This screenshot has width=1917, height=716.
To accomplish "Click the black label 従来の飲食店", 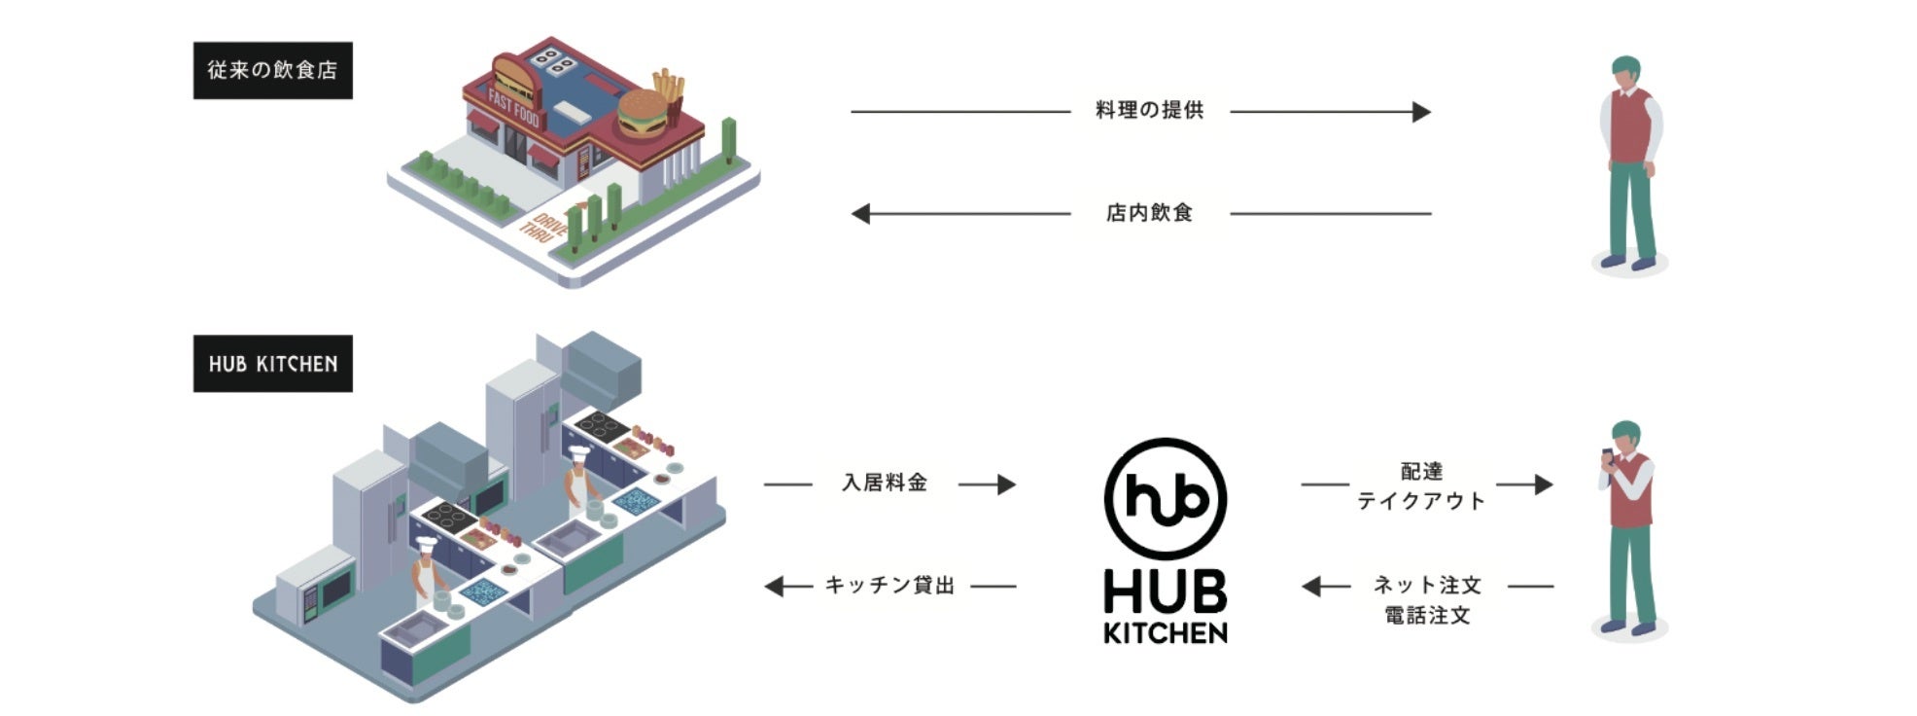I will [272, 70].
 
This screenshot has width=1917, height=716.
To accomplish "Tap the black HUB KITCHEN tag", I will [272, 364].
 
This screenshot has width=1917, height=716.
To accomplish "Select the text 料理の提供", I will [1149, 111].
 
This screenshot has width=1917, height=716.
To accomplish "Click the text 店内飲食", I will [1149, 213].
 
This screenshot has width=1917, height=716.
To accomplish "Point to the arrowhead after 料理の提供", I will [1421, 112].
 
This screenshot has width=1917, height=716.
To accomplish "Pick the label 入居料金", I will [885, 483].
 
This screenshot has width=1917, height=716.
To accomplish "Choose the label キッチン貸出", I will [889, 586].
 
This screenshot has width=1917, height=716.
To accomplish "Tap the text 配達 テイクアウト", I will [1421, 486].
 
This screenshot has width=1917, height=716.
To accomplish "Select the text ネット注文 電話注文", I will [1427, 600].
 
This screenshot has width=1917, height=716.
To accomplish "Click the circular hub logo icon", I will [1165, 498].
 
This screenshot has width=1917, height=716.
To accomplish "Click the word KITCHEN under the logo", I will [1165, 633].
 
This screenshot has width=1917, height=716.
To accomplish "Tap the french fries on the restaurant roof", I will [669, 88].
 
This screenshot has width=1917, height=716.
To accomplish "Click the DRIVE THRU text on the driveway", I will [543, 228].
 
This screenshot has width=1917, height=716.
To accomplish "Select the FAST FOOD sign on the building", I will [513, 109].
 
